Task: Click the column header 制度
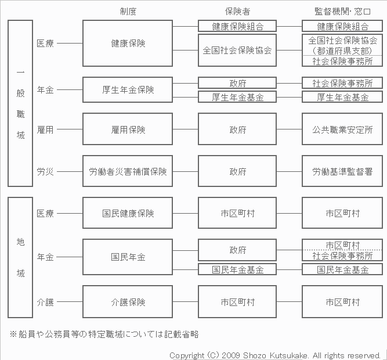coord(128,12)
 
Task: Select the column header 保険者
coord(237,12)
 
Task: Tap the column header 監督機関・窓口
coord(342,12)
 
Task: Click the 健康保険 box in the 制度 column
coord(128,43)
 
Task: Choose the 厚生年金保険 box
coord(128,89)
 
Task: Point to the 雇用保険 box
coord(128,129)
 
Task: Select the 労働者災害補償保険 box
coord(128,171)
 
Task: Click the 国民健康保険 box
coord(128,213)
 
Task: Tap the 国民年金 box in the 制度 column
coord(128,257)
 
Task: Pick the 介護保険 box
coord(128,302)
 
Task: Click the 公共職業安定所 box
coord(342,129)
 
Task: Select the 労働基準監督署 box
coord(342,171)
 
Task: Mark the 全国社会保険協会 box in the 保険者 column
coord(237,51)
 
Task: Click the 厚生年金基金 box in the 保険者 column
coord(237,97)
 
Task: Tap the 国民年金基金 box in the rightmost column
coord(342,269)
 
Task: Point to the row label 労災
coord(45,171)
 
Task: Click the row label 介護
coord(45,302)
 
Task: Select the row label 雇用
coord(45,129)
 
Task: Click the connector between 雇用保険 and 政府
coord(185,129)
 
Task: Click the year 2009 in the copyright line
coord(231,355)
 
